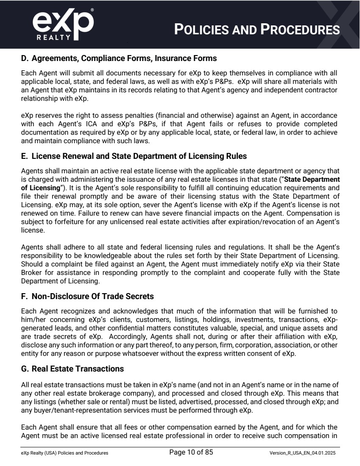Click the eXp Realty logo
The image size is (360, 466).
point(63,24)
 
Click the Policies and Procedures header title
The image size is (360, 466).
point(257,30)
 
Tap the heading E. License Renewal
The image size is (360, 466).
point(134,156)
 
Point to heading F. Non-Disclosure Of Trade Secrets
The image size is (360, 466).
point(87,296)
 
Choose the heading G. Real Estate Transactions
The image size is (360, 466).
point(73,369)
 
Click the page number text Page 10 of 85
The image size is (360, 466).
point(191,452)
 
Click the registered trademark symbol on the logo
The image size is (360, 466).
point(92,9)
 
